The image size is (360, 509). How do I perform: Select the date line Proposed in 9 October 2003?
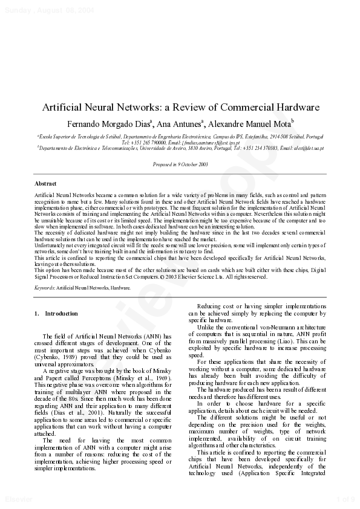180,164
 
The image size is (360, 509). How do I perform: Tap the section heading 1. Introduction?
56,314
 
